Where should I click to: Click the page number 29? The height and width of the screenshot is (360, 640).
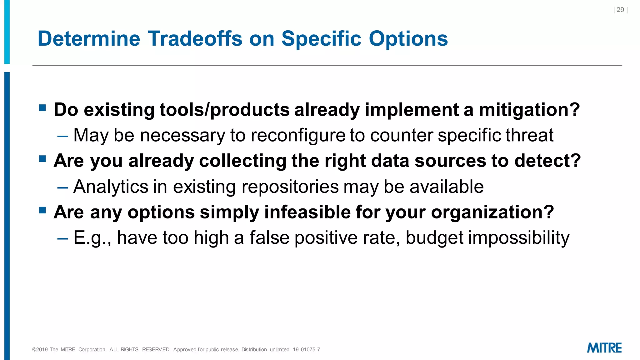620,10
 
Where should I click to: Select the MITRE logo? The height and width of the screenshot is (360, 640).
604,348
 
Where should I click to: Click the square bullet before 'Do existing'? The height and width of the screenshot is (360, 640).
42,108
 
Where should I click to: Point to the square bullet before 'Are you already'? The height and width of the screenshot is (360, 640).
42,159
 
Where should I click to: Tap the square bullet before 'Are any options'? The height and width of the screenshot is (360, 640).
42,210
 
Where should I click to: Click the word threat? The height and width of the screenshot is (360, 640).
529,135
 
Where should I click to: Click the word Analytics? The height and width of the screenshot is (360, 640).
111,187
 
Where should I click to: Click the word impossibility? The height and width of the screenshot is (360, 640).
518,238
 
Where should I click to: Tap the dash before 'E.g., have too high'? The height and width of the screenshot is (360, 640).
62,238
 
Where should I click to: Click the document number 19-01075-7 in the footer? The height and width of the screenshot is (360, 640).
306,350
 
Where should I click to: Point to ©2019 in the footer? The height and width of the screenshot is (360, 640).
40,350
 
